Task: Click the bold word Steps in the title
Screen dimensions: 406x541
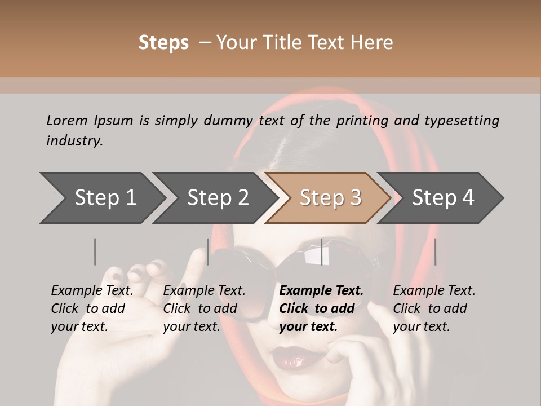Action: pos(163,43)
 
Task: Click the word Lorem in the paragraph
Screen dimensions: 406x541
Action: pos(67,120)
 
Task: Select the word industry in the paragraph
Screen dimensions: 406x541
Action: pos(74,141)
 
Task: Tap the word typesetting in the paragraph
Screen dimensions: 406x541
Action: pos(462,120)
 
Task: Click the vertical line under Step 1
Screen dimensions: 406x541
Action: pos(95,252)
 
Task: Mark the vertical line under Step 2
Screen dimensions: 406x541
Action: pos(208,252)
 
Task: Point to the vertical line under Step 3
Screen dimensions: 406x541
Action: pos(322,252)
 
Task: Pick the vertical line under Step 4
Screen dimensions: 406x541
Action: pos(435,252)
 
